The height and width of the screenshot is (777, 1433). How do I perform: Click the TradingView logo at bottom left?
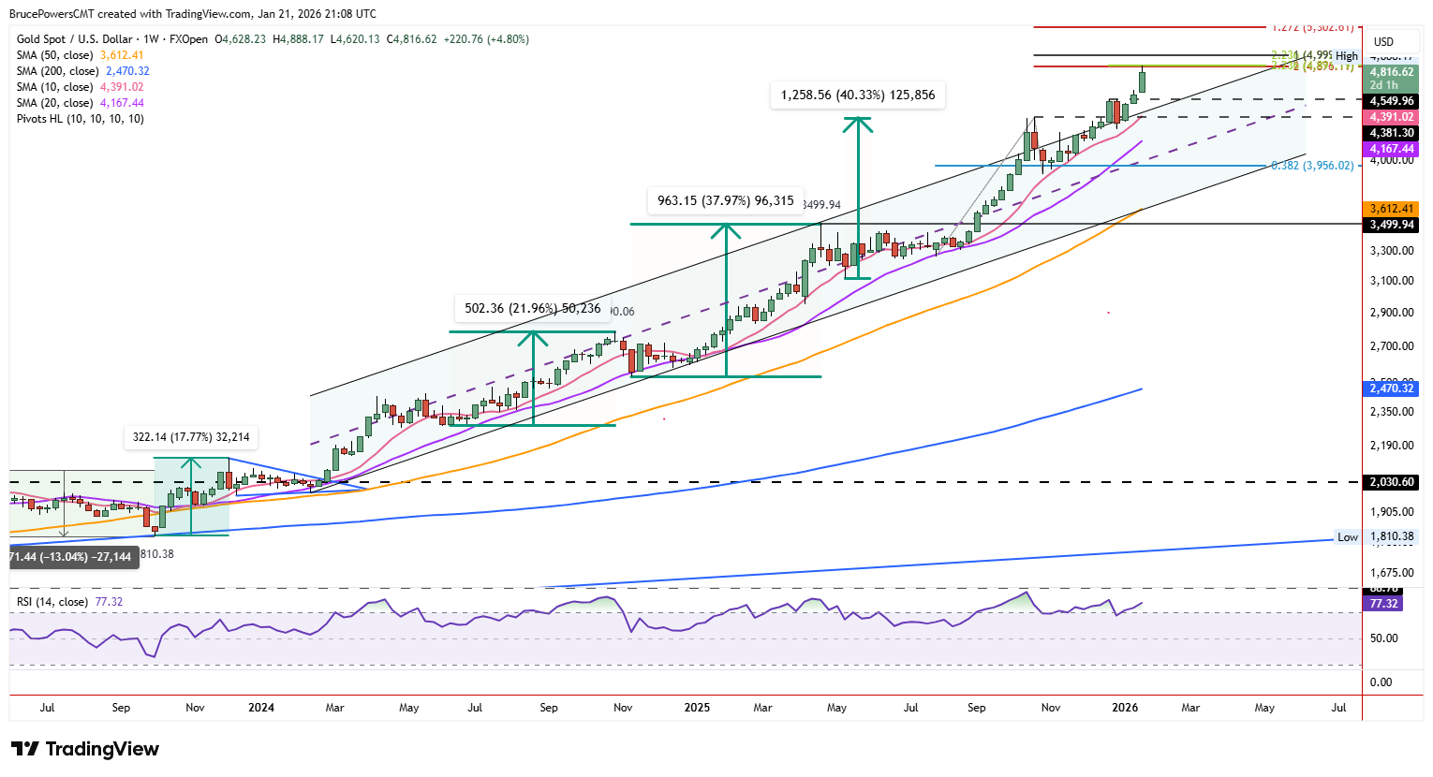[x=85, y=749]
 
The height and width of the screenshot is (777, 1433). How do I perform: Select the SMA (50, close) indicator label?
[x=54, y=55]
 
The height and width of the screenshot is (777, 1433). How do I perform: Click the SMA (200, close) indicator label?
[x=57, y=71]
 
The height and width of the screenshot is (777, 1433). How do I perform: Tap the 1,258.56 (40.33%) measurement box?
[x=857, y=95]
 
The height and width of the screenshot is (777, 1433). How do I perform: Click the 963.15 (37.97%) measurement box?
[x=725, y=200]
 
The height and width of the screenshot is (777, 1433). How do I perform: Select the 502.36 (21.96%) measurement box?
[x=532, y=308]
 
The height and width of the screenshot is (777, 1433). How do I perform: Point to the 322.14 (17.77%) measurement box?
[x=191, y=437]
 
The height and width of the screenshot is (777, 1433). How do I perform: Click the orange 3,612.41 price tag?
[x=1391, y=209]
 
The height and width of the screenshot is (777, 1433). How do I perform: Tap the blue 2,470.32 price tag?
[x=1391, y=388]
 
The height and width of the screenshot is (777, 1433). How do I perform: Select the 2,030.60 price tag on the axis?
[x=1391, y=483]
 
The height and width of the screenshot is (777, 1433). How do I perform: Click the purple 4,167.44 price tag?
[x=1391, y=149]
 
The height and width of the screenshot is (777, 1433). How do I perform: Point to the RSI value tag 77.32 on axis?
[x=1383, y=604]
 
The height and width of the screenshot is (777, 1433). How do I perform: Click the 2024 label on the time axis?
[x=261, y=708]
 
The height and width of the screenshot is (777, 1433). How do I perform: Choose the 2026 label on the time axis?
[x=1125, y=708]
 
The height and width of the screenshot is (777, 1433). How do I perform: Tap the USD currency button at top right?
[x=1383, y=41]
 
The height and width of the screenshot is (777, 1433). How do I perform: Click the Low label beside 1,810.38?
[x=1347, y=537]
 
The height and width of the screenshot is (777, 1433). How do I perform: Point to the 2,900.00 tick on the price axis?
[x=1391, y=313]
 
